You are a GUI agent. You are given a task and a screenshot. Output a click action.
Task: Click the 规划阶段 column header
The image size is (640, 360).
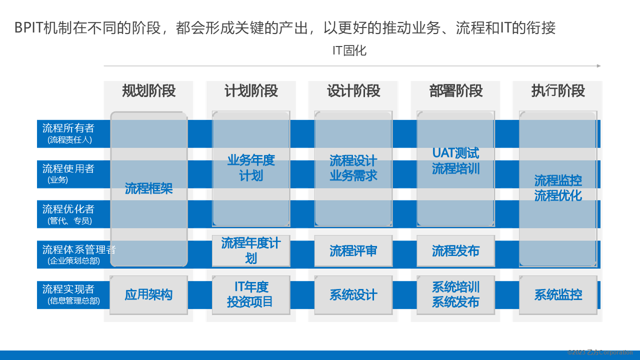tap(149, 91)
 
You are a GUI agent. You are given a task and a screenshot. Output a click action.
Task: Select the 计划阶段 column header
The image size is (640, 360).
tap(251, 91)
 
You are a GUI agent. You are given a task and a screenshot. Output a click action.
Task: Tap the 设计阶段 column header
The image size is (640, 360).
tap(353, 91)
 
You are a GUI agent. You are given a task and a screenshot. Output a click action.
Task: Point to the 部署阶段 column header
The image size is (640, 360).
tap(455, 91)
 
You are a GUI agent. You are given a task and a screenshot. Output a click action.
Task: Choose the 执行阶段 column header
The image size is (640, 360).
tap(558, 91)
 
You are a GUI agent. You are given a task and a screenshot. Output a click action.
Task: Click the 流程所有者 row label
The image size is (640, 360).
tap(68, 128)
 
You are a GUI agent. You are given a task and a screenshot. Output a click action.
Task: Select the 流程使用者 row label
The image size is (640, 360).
tap(68, 168)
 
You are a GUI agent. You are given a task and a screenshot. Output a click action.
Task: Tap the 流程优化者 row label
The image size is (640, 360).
tap(68, 209)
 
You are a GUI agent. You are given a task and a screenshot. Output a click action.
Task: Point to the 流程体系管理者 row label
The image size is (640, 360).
tap(79, 249)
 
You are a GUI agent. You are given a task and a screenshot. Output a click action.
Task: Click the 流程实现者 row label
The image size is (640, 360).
tap(68, 289)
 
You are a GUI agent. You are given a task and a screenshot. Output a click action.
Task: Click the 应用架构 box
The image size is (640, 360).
tap(148, 295)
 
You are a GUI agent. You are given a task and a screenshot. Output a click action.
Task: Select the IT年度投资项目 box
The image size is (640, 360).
tap(251, 295)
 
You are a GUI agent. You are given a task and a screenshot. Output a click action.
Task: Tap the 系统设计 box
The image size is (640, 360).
tap(353, 295)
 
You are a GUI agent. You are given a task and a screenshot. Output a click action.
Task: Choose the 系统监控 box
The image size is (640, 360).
tap(558, 295)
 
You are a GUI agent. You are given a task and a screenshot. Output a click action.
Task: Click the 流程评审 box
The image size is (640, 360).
tap(353, 251)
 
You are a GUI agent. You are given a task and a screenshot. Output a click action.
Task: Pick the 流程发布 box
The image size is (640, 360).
tap(455, 251)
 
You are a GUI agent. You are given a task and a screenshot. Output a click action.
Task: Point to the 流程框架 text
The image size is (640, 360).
tap(148, 188)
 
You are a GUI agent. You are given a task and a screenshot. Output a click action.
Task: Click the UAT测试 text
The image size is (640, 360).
tap(455, 153)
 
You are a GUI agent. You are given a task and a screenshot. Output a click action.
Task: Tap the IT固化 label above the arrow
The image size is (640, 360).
tap(349, 50)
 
